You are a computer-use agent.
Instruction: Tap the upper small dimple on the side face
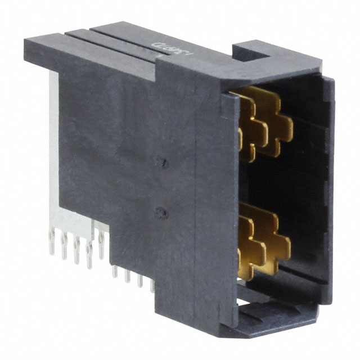click(163, 163)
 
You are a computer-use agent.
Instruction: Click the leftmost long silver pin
click(52, 243)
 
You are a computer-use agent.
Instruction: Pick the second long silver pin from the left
click(64, 247)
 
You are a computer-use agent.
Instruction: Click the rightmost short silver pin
click(152, 284)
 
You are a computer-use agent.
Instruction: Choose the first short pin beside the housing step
click(115, 270)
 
